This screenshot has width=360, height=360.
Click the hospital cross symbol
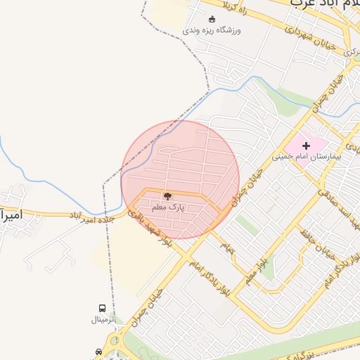pos(306,145)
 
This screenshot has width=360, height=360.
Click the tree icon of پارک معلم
pos(167,197)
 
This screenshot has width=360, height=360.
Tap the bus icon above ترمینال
pos(103,308)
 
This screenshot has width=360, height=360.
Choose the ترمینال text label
pos(105,319)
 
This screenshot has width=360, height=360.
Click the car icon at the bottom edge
pos(98,352)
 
